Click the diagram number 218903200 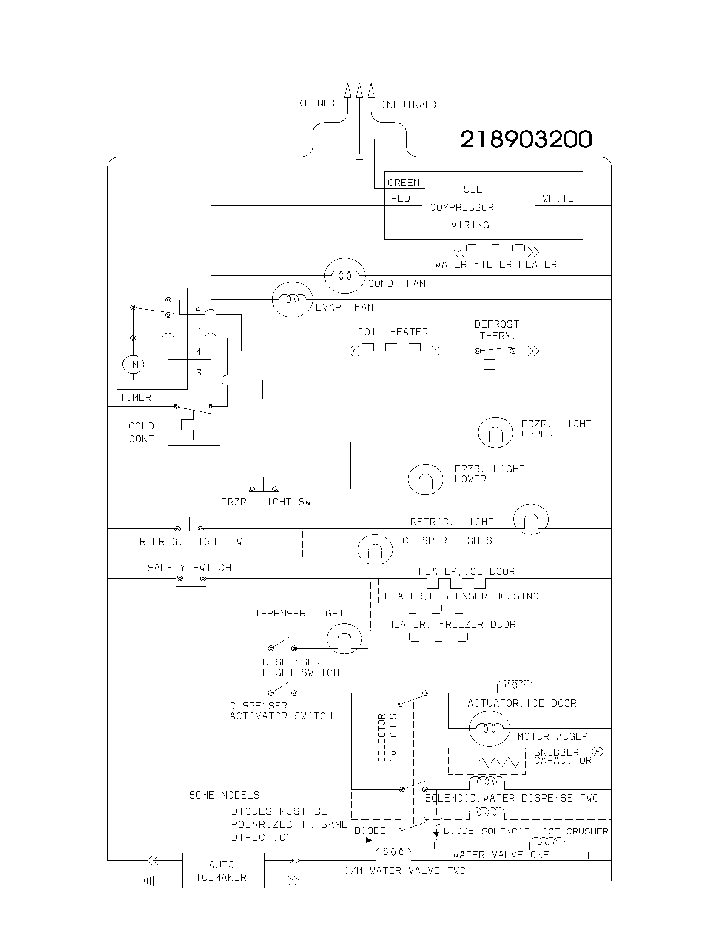(x=526, y=139)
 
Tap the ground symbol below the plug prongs (x=360, y=158)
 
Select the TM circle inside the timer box (x=133, y=364)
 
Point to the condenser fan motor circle (x=345, y=276)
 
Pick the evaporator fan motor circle (x=293, y=299)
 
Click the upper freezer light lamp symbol (x=495, y=432)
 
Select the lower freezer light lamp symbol (x=425, y=479)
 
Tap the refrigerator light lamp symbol (x=531, y=519)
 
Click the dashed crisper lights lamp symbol (x=375, y=549)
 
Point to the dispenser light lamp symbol (x=344, y=639)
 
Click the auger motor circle (x=490, y=728)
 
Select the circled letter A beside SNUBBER (x=597, y=751)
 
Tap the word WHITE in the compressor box (x=558, y=198)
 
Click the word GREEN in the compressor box (x=404, y=183)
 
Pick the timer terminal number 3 (x=199, y=373)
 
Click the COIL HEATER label (x=393, y=332)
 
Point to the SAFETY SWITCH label (x=189, y=568)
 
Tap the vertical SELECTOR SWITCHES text (x=387, y=737)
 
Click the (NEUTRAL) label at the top (x=409, y=105)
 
